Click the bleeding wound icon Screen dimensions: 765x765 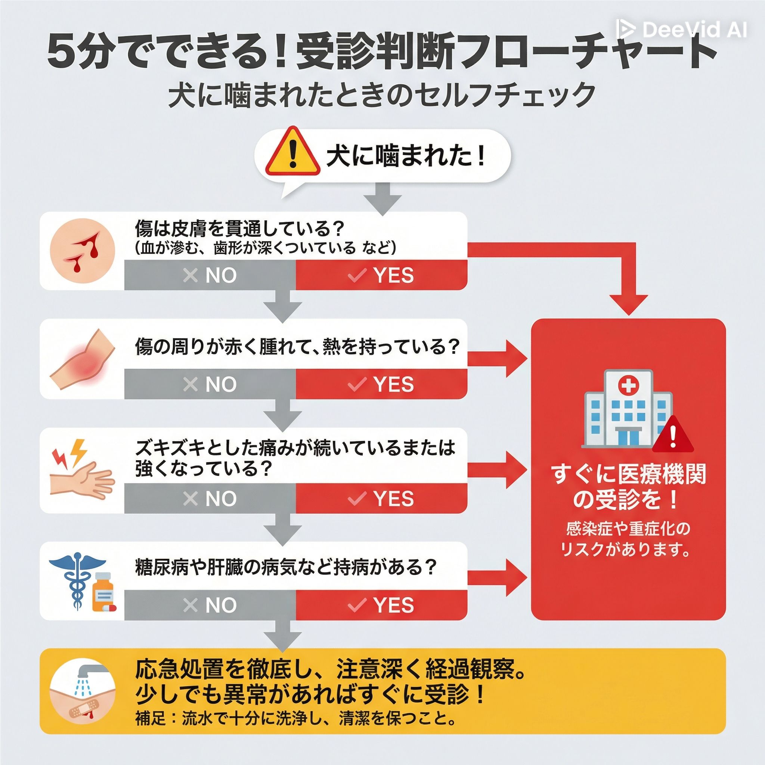[82, 251]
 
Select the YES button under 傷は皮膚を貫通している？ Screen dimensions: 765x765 [381, 275]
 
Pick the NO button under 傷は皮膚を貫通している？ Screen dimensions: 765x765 [210, 275]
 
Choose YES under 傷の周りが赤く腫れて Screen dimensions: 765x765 [381, 384]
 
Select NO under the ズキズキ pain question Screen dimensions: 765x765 [210, 498]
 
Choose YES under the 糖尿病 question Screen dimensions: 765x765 [381, 605]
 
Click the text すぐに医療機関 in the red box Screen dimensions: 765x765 [628, 474]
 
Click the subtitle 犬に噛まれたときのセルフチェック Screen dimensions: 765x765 [382, 95]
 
